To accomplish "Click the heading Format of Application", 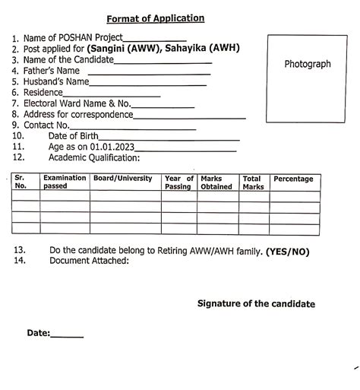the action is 155,18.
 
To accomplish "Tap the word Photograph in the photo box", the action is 308,64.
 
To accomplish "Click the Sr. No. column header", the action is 21,182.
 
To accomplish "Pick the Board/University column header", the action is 122,179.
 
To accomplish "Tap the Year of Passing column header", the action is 179,182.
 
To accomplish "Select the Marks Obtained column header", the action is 216,182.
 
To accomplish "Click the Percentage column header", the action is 293,179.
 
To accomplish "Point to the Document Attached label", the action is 89,261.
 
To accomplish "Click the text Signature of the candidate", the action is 256,303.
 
